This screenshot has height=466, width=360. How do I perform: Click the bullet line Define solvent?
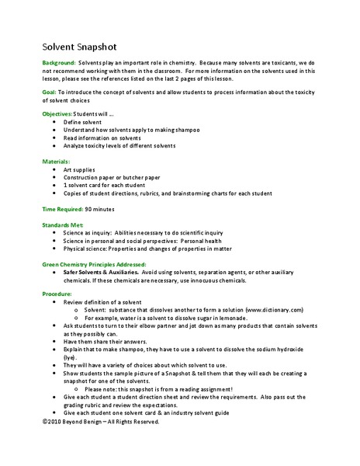(83, 122)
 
